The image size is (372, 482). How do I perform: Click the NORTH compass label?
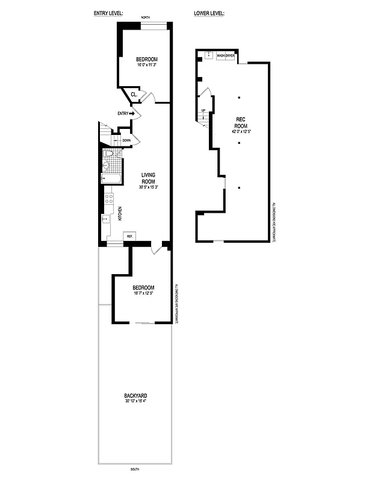(145, 18)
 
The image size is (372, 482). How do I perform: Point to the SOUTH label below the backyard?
(135, 469)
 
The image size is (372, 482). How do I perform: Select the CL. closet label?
(134, 94)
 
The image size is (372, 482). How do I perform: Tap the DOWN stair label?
(126, 140)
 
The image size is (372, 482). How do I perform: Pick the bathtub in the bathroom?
(111, 179)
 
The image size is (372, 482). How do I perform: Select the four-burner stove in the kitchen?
(109, 199)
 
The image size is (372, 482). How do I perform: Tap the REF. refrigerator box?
(129, 236)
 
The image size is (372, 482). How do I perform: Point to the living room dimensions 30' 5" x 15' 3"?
(149, 187)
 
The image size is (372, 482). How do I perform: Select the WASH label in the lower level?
(221, 55)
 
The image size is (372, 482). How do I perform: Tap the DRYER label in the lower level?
(230, 55)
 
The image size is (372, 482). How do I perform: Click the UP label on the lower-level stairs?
(203, 110)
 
